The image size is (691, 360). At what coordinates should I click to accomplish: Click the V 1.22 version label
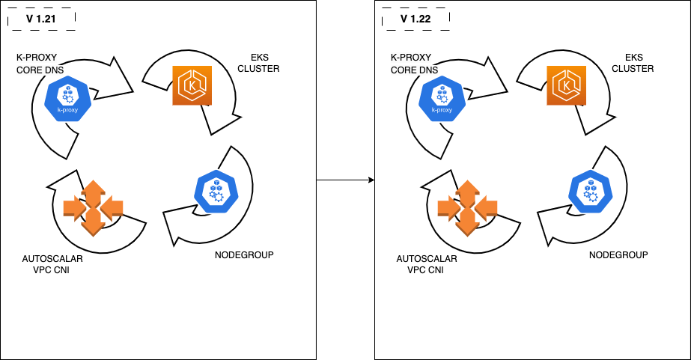coord(415,18)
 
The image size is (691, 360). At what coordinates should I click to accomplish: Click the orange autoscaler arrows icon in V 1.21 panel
coord(93,207)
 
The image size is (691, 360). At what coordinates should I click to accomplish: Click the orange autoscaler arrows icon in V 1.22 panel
coord(468,207)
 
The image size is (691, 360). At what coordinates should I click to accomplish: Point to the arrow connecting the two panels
coord(345,180)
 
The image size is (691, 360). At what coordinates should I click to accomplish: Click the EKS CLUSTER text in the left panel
coord(258,62)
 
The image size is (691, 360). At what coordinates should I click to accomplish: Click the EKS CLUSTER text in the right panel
coord(633,62)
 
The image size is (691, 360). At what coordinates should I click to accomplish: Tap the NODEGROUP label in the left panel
coord(244,255)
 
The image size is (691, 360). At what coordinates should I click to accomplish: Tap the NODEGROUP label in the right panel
coord(618,255)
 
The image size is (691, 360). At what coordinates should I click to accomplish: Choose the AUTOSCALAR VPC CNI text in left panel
coord(52,264)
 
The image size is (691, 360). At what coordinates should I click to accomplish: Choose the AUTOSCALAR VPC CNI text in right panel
coord(427,264)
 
